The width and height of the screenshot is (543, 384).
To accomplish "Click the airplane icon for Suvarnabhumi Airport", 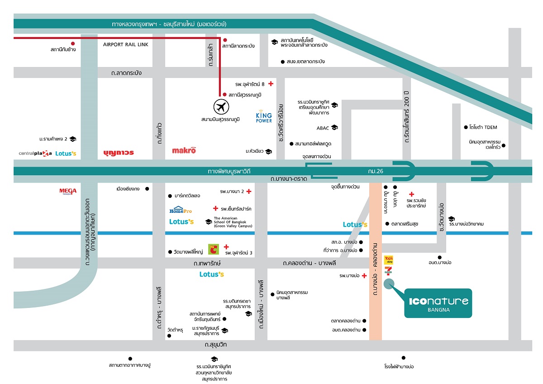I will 221,107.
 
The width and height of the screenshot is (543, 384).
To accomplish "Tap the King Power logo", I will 264,117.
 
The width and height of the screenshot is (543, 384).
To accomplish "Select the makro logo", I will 184,150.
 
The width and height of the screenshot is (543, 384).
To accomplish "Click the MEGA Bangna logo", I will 68,191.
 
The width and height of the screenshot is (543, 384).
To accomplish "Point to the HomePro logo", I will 181,210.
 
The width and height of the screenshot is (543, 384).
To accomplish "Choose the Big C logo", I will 213,249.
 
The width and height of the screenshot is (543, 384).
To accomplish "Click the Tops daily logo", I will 388,260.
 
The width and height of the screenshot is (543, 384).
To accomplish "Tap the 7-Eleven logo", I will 388,271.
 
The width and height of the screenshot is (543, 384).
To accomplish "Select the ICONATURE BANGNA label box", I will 438,303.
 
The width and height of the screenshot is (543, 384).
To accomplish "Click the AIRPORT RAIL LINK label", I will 125,45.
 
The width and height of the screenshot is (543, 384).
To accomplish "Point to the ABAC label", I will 323,128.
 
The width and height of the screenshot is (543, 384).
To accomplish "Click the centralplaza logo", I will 35,154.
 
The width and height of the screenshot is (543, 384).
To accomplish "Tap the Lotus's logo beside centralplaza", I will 66,154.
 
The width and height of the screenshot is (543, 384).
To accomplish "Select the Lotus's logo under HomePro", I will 181,222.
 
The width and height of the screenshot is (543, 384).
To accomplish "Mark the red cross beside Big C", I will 226,247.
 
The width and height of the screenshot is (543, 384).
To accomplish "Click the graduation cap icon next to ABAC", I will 334,128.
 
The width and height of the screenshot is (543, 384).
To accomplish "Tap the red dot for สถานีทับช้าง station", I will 72,43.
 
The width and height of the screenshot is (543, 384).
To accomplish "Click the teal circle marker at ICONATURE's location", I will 389,284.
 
